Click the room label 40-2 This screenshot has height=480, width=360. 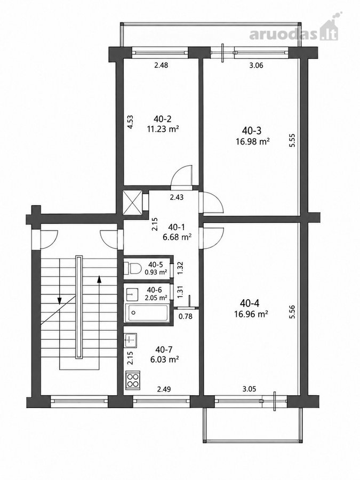(163, 119)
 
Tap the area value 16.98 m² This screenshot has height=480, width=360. (253, 141)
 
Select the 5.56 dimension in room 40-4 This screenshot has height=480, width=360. (292, 312)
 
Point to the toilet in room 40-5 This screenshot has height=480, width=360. (131, 268)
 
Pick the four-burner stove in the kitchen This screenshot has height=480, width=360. (133, 380)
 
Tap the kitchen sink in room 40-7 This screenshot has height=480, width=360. (131, 340)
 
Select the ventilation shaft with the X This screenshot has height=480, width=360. (132, 201)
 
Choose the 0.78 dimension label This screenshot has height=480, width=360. (186, 316)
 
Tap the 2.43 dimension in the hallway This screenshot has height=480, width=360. (177, 197)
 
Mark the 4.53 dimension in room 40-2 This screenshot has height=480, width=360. (130, 122)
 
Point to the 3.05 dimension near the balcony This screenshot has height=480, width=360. (249, 389)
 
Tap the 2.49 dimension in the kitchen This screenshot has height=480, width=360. (164, 389)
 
